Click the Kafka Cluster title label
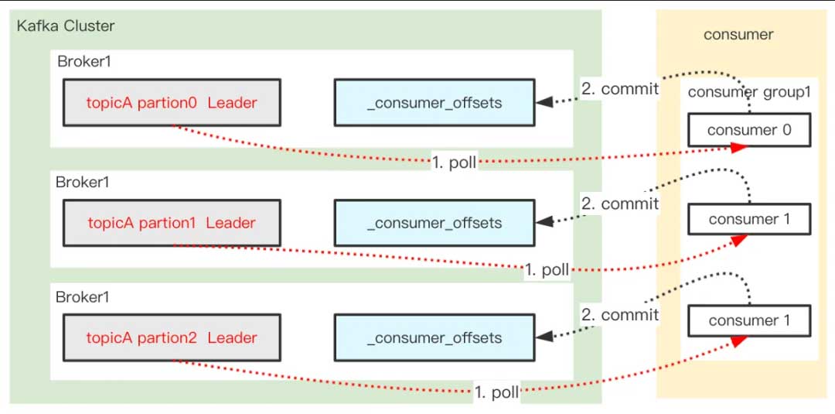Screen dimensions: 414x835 66,26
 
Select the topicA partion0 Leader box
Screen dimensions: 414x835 172,102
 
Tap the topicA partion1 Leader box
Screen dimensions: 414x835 172,223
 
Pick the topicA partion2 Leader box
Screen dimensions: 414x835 172,337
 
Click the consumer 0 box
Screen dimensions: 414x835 749,130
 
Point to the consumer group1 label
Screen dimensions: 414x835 748,92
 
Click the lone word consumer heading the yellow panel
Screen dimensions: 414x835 738,34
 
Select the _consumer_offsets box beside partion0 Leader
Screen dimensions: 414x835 434,102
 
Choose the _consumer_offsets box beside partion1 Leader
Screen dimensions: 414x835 434,223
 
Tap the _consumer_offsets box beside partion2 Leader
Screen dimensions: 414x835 434,337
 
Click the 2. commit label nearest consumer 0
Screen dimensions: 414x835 619,89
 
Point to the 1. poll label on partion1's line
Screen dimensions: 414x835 547,270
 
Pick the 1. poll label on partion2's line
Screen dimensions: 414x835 496,392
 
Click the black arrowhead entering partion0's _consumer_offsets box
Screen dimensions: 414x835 544,102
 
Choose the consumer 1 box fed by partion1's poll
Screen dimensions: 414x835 749,219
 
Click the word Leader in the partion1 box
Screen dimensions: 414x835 230,223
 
